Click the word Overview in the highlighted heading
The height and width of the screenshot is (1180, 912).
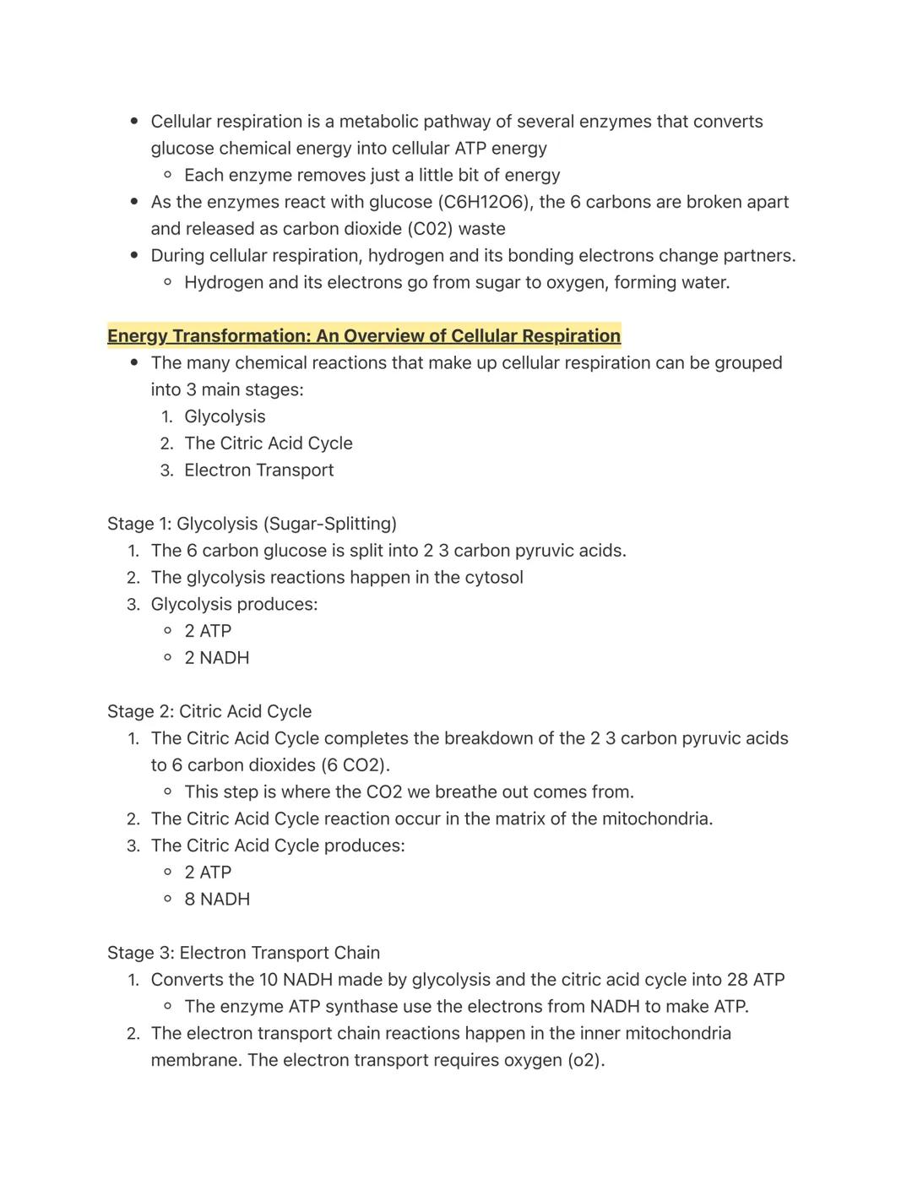[x=385, y=335]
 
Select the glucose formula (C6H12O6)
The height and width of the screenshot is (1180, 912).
[x=485, y=202]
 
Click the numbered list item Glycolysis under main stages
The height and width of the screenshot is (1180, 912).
[x=225, y=416]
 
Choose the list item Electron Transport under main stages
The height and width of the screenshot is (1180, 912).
[x=258, y=470]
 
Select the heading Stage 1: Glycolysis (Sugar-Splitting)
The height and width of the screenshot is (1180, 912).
[x=252, y=524]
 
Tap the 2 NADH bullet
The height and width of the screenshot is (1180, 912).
[x=216, y=658]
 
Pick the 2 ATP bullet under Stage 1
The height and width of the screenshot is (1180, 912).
[x=208, y=631]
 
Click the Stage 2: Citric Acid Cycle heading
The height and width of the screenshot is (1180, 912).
[x=209, y=711]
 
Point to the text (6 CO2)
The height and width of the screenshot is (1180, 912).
[x=355, y=765]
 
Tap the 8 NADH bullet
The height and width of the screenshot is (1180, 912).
[x=217, y=900]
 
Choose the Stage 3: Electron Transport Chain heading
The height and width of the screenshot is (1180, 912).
[x=243, y=953]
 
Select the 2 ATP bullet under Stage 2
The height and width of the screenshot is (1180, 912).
[x=208, y=873]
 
